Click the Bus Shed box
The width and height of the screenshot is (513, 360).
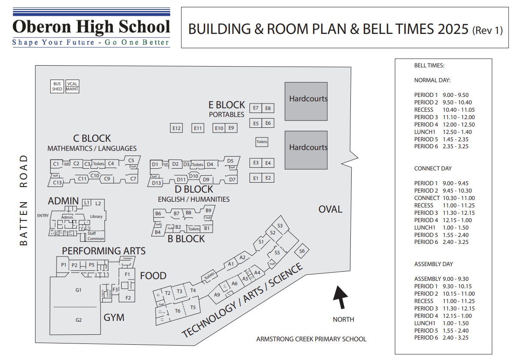point(57,86)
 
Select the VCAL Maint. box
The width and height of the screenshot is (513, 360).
point(72,86)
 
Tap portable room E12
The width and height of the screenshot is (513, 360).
point(176,128)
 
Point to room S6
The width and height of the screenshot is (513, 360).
point(302,251)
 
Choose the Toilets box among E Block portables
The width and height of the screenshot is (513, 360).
point(262,142)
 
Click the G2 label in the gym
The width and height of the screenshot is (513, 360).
point(79,320)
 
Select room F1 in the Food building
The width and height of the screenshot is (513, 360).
point(127,274)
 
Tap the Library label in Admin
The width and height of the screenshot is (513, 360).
point(96,217)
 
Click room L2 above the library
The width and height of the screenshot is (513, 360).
point(98,203)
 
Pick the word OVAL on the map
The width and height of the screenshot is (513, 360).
point(330,209)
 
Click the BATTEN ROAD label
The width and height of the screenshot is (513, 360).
point(23,200)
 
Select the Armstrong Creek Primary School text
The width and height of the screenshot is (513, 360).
point(311,339)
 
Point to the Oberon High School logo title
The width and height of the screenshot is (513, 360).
point(91,27)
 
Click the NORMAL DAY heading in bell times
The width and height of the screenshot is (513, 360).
point(432,80)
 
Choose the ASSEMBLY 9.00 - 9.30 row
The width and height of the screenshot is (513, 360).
point(441,279)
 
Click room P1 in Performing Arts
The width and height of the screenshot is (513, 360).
point(64,265)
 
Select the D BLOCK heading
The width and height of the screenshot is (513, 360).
point(194,190)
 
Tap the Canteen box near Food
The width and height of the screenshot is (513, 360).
point(127,258)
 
